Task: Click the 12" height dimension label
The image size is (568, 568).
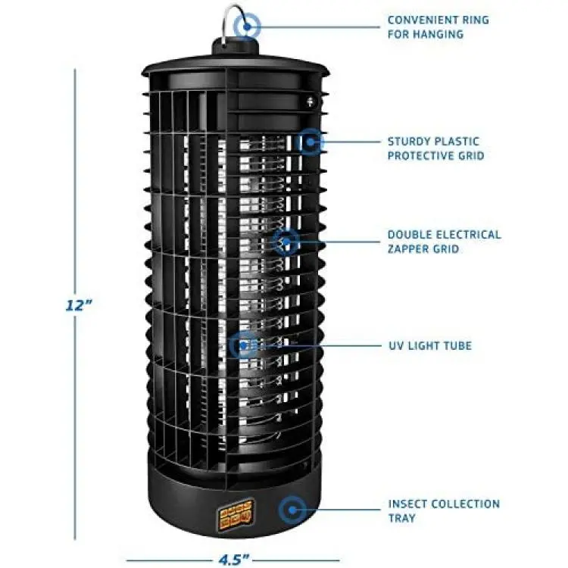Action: click(x=79, y=305)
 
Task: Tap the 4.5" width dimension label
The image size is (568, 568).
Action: click(x=234, y=560)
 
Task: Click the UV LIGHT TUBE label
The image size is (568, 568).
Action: click(x=430, y=345)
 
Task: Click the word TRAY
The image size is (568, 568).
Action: click(x=401, y=518)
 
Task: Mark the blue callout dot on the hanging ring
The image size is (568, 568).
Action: click(x=247, y=27)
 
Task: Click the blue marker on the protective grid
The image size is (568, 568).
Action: click(x=310, y=142)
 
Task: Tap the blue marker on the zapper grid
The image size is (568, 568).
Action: click(x=286, y=242)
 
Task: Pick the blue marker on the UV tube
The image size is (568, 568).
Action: click(x=243, y=345)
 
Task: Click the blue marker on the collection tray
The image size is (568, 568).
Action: click(x=292, y=510)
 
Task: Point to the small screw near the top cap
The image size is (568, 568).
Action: click(x=310, y=101)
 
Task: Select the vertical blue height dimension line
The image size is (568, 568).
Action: click(x=75, y=304)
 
